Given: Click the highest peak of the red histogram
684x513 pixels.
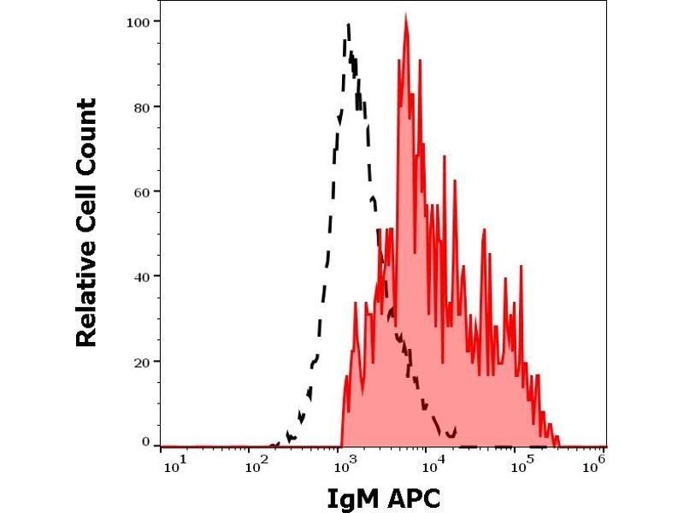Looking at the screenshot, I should [x=406, y=16].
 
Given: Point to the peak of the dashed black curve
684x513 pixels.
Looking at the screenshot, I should [x=349, y=26].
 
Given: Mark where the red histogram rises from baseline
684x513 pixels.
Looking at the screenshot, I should [x=341, y=444].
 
